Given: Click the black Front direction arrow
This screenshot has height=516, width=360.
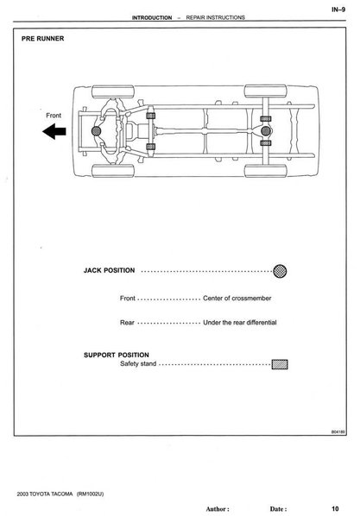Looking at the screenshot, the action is click(x=54, y=132).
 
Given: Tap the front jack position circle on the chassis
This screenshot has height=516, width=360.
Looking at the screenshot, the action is click(x=96, y=131).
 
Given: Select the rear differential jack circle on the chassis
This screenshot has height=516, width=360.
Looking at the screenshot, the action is click(x=266, y=131).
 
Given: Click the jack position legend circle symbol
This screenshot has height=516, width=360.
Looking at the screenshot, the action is click(x=280, y=271).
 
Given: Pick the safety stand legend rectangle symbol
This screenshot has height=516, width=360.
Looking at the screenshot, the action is click(x=280, y=364).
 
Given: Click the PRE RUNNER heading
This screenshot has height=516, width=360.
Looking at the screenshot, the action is click(x=43, y=39).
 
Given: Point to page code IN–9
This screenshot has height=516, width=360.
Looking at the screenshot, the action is click(x=338, y=9).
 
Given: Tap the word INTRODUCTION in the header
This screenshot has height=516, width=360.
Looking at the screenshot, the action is click(x=152, y=18).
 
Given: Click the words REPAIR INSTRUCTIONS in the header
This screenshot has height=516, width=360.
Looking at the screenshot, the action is click(x=216, y=17).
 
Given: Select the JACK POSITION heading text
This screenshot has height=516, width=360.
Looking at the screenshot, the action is click(x=109, y=270).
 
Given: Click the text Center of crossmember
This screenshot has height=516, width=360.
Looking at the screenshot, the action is click(x=237, y=299).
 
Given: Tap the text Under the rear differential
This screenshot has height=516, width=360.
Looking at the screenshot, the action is click(x=240, y=323).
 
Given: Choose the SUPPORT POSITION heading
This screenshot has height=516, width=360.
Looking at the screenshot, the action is click(x=117, y=355).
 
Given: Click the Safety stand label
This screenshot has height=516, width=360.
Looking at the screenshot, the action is click(x=138, y=363).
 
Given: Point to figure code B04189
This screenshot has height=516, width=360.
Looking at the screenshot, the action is click(x=338, y=431).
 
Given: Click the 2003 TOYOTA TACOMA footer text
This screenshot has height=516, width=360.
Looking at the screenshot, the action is click(x=45, y=494).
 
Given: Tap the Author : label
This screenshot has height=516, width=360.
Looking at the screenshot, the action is click(x=218, y=509).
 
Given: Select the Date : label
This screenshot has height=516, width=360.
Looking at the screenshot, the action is click(x=278, y=509).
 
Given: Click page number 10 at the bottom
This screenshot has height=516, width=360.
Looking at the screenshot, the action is click(x=335, y=509).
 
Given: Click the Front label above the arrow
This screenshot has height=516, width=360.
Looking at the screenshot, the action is click(x=54, y=116).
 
